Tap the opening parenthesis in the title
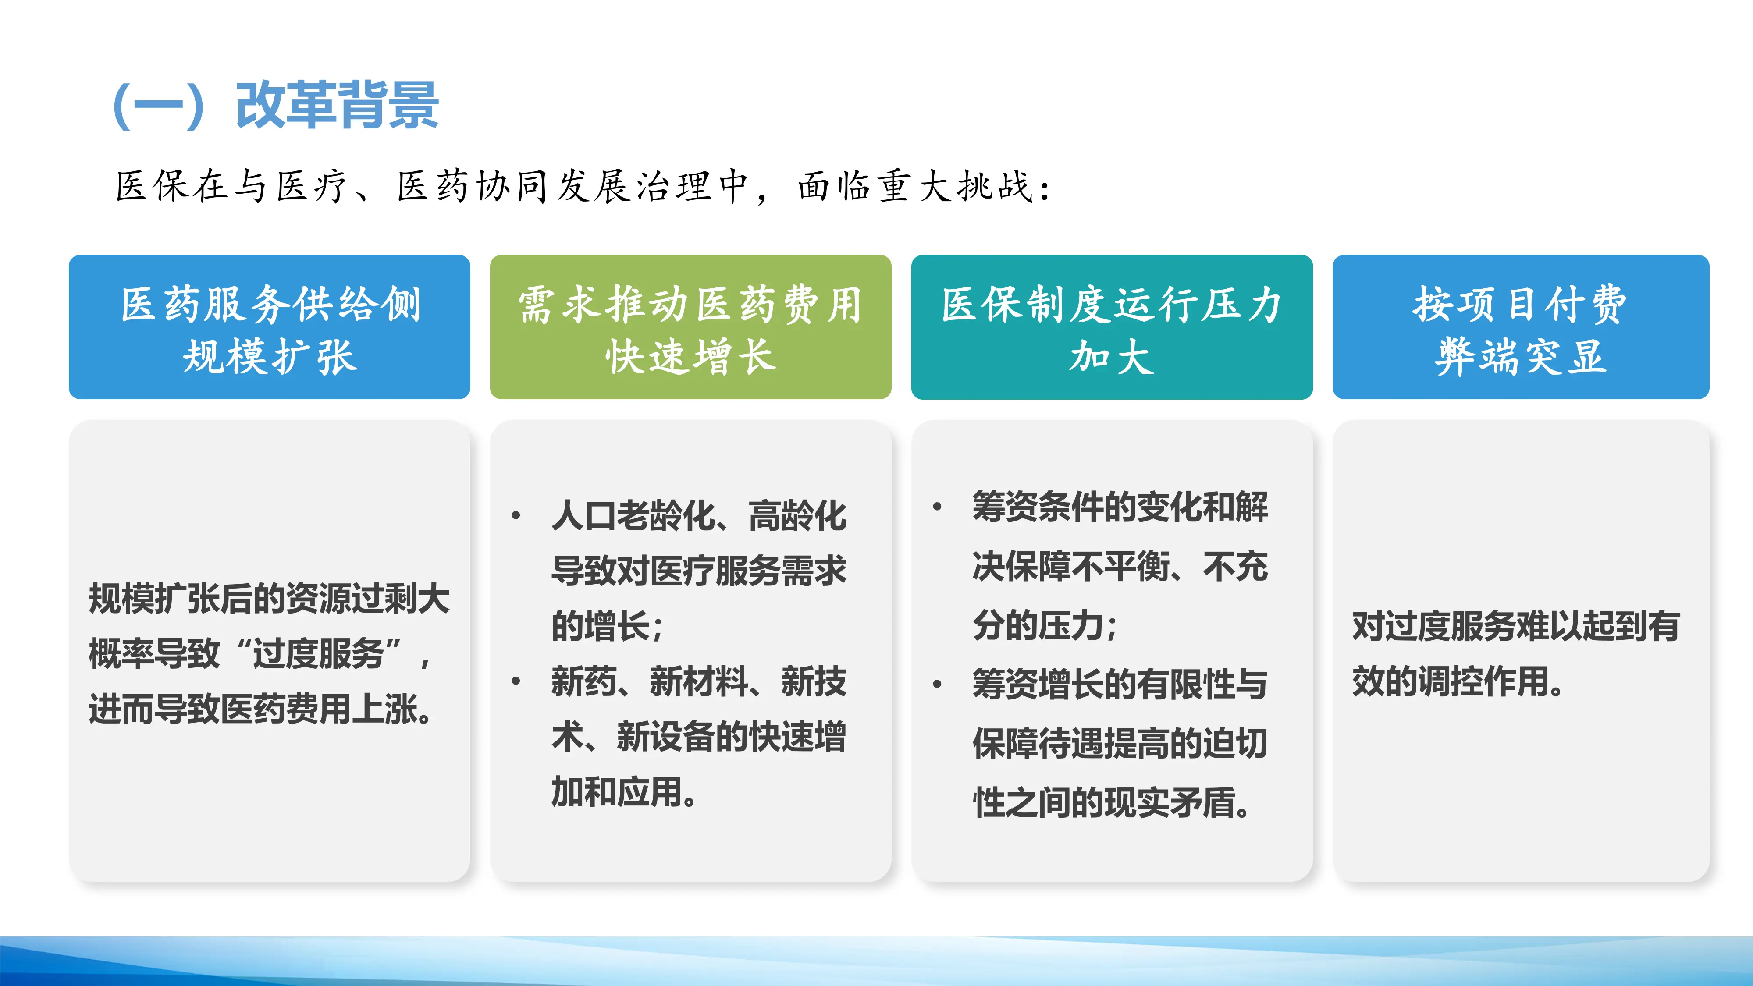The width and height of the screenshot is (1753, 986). [122, 106]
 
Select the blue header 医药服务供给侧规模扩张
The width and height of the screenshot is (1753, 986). [270, 327]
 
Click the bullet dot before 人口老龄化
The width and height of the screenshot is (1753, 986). [516, 516]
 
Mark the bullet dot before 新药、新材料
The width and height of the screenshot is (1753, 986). [516, 681]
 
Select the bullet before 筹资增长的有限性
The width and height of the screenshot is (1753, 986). [937, 684]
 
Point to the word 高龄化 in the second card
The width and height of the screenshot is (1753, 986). [797, 516]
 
